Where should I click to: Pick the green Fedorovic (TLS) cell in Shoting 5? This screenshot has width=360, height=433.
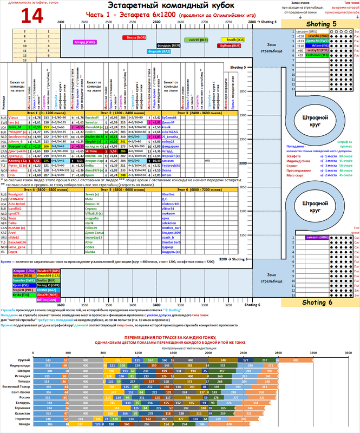[317, 55]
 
